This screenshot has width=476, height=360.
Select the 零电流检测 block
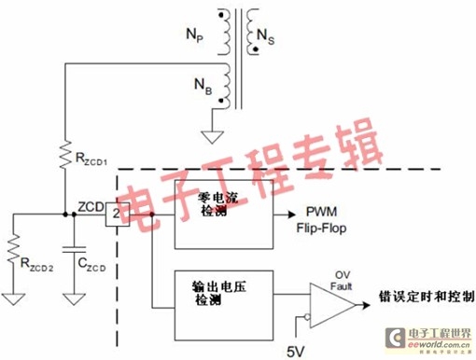click(220, 215)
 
